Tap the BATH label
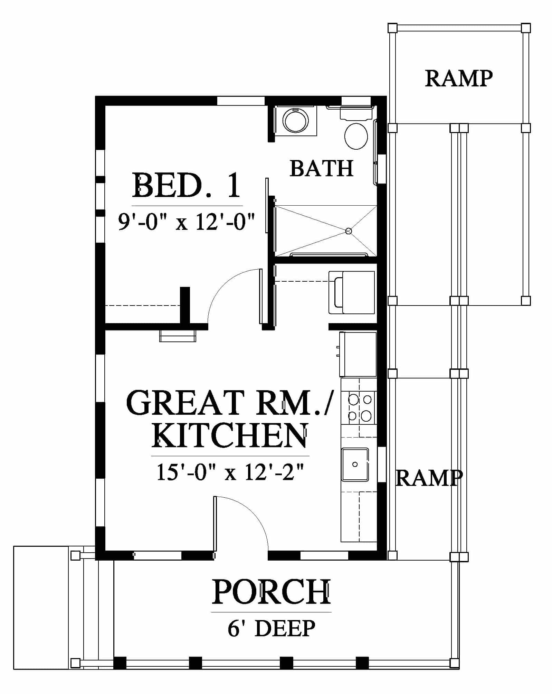point(322,168)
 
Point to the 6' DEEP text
point(271,628)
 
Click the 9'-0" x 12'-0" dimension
point(187,222)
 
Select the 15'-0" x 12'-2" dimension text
point(230,472)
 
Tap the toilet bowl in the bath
point(356,136)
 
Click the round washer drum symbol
point(296,121)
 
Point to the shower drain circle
point(349,231)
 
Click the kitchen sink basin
point(355,465)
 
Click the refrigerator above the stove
point(358,354)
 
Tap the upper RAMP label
point(458,78)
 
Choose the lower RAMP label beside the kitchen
point(429,478)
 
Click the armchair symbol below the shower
point(352,292)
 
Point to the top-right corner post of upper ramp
point(526,28)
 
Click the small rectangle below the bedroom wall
point(178,336)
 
